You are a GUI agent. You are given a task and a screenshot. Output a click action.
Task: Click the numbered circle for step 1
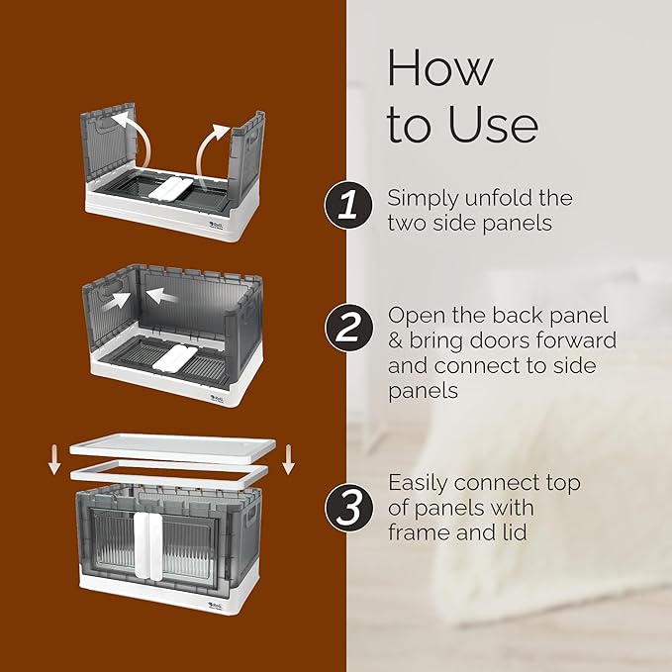pos(348,205)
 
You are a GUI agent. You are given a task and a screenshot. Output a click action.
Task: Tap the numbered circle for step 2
pos(348,328)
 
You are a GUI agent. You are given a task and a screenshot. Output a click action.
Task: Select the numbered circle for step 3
pos(348,509)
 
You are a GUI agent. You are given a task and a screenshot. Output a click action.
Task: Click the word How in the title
pos(440,67)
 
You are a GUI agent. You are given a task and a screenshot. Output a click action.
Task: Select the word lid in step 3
pos(517,533)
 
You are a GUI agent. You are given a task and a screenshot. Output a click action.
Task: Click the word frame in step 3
pos(419,533)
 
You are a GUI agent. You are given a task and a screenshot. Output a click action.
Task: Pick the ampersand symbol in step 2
pos(396,341)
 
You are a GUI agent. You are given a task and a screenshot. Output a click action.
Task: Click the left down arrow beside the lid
pos(54,460)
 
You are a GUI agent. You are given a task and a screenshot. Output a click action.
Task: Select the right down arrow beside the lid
pos(288,460)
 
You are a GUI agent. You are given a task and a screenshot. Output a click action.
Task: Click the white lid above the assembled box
pos(172,448)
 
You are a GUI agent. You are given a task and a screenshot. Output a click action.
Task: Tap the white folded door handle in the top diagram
pos(170,188)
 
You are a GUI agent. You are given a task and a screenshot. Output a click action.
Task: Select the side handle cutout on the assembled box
pos(250,518)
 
